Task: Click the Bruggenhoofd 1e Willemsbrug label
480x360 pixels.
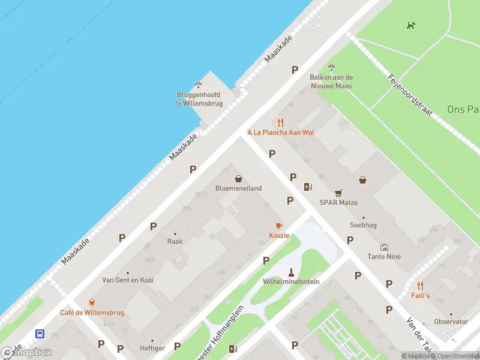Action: pyautogui.click(x=198, y=99)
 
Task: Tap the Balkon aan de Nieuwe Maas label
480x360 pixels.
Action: pyautogui.click(x=331, y=82)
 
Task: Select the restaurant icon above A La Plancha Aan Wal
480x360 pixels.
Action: pyautogui.click(x=280, y=122)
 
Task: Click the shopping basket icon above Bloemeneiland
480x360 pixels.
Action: pyautogui.click(x=239, y=178)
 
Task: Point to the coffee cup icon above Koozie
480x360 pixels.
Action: pyautogui.click(x=279, y=226)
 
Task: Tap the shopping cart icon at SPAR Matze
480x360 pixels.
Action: pyautogui.click(x=338, y=193)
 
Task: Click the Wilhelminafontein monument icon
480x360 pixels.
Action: pyautogui.click(x=291, y=271)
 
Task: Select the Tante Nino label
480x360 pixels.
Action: pyautogui.click(x=385, y=257)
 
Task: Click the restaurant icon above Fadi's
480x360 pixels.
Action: pyautogui.click(x=420, y=286)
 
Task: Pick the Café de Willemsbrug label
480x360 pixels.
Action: pyautogui.click(x=92, y=313)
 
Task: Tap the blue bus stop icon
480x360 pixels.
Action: pyautogui.click(x=40, y=334)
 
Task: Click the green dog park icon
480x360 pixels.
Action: pyautogui.click(x=411, y=25)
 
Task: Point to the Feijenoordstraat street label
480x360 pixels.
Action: pyautogui.click(x=410, y=95)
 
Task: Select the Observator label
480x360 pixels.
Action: pyautogui.click(x=451, y=322)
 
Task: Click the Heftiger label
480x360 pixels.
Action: pyautogui.click(x=152, y=348)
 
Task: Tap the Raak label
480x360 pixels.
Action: pyautogui.click(x=175, y=241)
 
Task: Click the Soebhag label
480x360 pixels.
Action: pyautogui.click(x=363, y=225)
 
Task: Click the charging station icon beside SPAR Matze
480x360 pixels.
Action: pyautogui.click(x=308, y=187)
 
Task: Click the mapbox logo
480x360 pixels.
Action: pyautogui.click(x=27, y=352)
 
